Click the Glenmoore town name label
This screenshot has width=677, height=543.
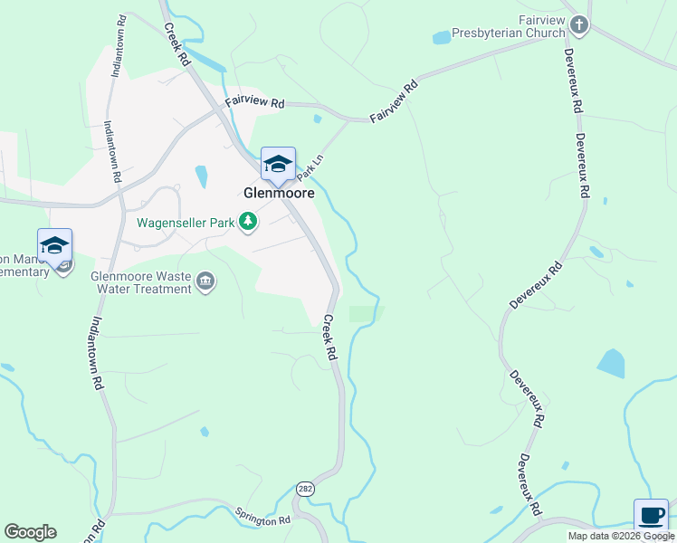(x=279, y=193)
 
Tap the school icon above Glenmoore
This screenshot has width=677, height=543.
(x=278, y=165)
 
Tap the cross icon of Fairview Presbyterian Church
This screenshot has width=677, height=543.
(x=579, y=26)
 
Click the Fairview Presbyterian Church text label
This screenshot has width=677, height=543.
(x=541, y=26)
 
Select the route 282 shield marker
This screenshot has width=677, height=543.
(x=305, y=488)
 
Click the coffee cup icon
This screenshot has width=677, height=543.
(x=651, y=516)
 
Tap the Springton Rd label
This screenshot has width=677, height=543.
(x=262, y=519)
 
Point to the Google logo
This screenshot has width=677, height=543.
(x=30, y=532)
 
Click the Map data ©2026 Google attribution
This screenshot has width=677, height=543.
(x=621, y=536)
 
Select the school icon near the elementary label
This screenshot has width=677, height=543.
(x=54, y=246)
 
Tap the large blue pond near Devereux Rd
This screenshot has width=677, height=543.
(x=611, y=364)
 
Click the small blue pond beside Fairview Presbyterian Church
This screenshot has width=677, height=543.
(x=442, y=38)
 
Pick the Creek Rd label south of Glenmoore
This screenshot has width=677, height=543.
(x=329, y=337)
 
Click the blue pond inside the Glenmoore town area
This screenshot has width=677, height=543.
(x=201, y=176)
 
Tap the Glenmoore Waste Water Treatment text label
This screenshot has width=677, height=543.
(x=141, y=283)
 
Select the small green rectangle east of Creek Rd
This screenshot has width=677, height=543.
(x=366, y=314)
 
